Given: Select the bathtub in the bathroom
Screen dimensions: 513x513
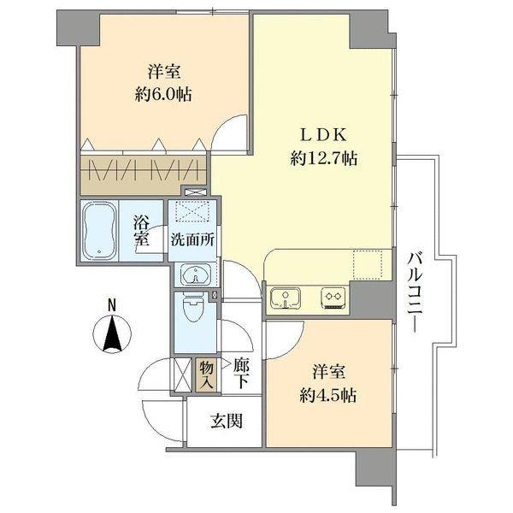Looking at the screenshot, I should pos(101,228).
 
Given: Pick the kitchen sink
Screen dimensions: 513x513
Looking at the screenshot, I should pos(284,298).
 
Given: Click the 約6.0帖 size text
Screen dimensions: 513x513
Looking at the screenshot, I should pos(162,94).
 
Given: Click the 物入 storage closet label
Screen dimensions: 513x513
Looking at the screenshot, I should pos(206,373).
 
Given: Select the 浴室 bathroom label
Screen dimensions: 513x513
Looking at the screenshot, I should pos(142,229).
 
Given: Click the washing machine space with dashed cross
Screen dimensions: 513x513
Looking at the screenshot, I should pos(193,210).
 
